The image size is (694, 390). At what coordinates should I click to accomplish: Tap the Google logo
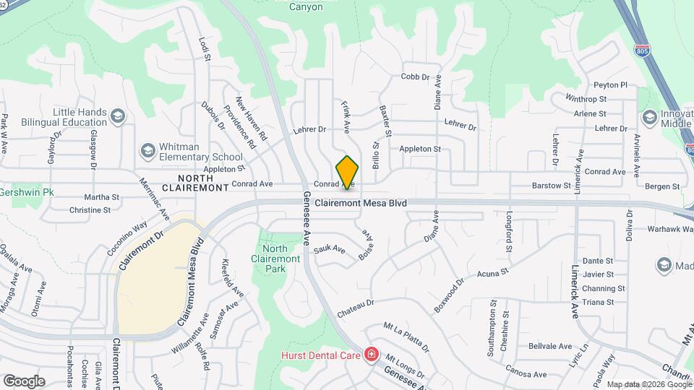tap(24, 381)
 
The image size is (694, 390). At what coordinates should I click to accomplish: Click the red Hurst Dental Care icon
tap(372, 355)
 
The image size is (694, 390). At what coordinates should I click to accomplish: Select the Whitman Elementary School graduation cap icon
tap(148, 150)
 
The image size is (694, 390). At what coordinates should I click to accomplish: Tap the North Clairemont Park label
tap(275, 259)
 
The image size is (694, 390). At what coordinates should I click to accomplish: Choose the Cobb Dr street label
tap(415, 77)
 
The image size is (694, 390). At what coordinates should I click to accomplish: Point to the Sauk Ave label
tap(330, 251)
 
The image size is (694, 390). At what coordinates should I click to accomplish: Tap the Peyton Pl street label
tap(610, 84)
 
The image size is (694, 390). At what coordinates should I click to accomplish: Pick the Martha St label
tap(101, 196)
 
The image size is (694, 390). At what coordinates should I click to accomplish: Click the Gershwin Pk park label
tap(27, 193)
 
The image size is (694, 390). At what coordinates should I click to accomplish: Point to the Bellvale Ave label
tap(549, 346)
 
